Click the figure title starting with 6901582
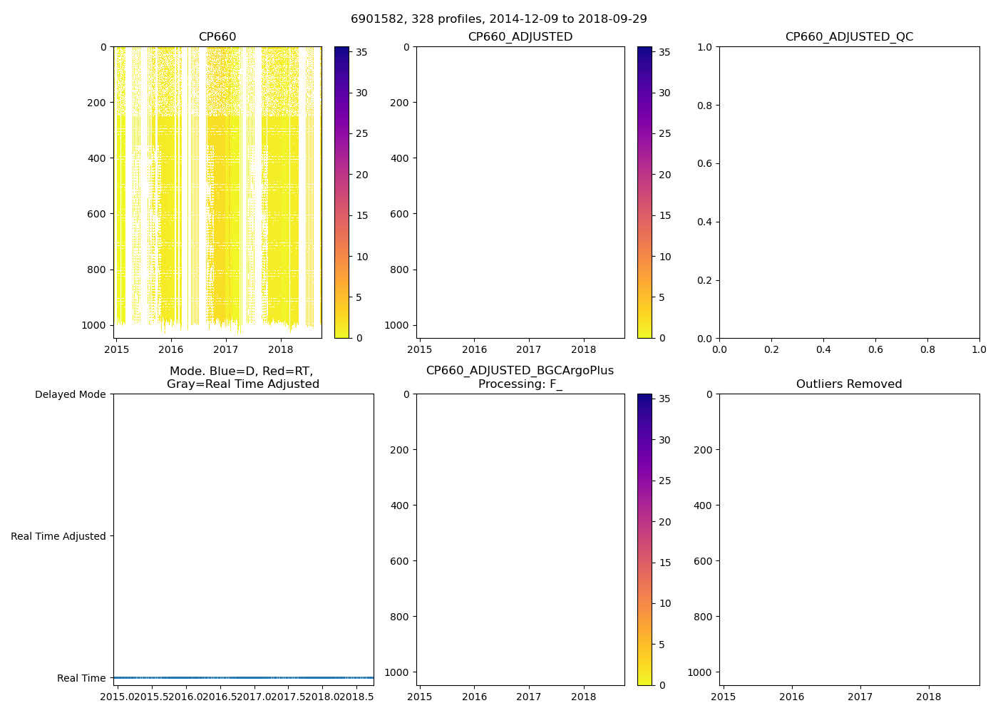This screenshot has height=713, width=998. point(498,19)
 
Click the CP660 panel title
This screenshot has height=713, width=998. point(217,37)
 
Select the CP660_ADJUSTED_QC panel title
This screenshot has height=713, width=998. point(848,37)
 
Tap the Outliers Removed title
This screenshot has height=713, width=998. point(848,384)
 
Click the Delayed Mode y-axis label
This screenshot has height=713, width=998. point(70,394)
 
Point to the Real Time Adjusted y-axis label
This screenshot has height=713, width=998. point(58,536)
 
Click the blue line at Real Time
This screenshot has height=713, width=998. point(243,677)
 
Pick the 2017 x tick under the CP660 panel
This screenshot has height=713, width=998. point(226,349)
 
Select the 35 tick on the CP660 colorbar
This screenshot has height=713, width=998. point(361,52)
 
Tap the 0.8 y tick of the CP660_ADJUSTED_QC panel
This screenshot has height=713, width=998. point(705,106)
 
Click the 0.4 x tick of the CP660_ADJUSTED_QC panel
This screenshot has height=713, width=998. point(823,349)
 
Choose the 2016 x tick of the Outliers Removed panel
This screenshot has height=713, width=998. point(791,697)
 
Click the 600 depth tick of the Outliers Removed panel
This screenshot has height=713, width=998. point(702,561)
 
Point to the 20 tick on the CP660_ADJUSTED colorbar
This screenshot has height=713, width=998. point(664,175)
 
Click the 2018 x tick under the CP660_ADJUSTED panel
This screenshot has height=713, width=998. point(583,349)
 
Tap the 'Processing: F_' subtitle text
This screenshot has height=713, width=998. point(520,384)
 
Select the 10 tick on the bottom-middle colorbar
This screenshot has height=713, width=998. point(664,603)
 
